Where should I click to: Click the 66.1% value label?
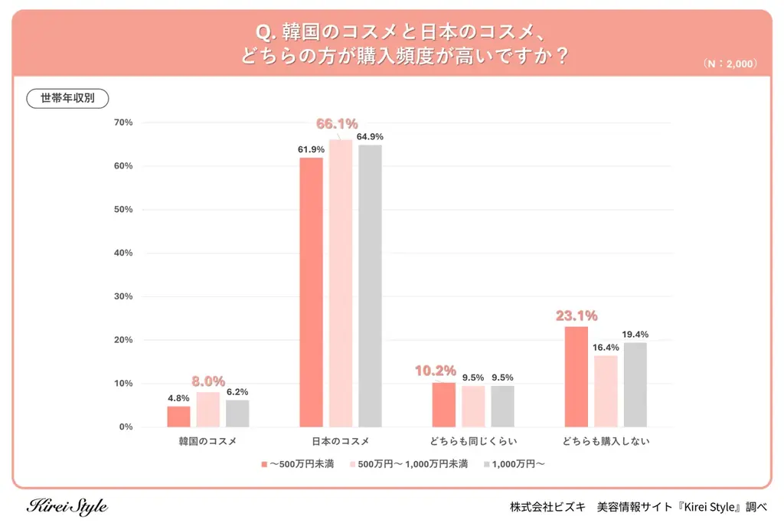coord(337,124)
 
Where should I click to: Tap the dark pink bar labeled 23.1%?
coord(576,376)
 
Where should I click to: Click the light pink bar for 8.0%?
coord(208,409)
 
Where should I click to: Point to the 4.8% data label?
coord(178,398)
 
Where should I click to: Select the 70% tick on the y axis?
coord(122,123)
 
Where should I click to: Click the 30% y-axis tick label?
coord(122,296)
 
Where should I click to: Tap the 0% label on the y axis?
coord(126,427)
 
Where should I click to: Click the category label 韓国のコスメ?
coord(208,442)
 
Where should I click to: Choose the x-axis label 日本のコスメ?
coord(341,442)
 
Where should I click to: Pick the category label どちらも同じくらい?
coord(472,442)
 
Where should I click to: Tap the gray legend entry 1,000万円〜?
coord(513,464)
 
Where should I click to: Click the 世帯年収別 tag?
coord(68,99)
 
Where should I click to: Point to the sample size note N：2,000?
coord(730,64)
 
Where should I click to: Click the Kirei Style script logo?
coord(67,506)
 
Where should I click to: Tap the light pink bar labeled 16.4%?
coord(605,391)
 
